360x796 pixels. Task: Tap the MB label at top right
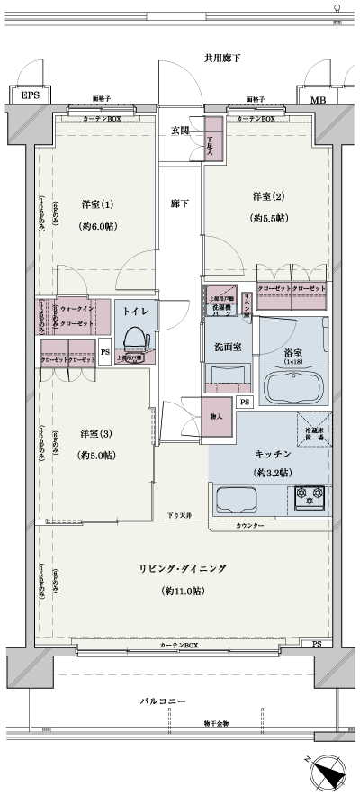317,100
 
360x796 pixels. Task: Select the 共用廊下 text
222,59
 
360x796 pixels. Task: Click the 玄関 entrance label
180,131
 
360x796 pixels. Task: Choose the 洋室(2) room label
268,196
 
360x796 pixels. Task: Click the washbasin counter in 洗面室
229,375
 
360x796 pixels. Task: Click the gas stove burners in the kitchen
309,494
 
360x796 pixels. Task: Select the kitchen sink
236,496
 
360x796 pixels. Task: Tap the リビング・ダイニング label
182,569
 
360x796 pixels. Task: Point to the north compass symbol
327,772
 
